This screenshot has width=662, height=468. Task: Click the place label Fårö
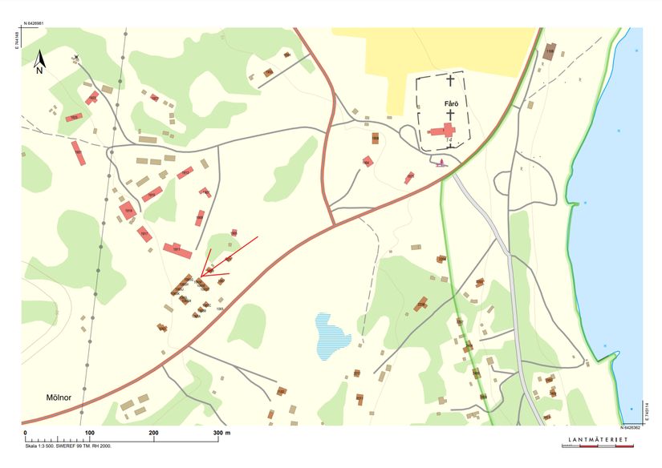pyautogui.click(x=450, y=104)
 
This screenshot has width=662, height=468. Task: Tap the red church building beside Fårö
pyautogui.click(x=443, y=131)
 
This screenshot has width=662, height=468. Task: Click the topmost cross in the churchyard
pyautogui.click(x=450, y=81)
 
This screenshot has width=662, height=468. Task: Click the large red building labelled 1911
pyautogui.click(x=177, y=251)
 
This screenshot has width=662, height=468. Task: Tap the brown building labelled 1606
pyautogui.click(x=376, y=138)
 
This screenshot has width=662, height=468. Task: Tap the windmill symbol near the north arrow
pyautogui.click(x=77, y=58)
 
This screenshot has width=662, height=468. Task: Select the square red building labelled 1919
pyautogui.click(x=128, y=211)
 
